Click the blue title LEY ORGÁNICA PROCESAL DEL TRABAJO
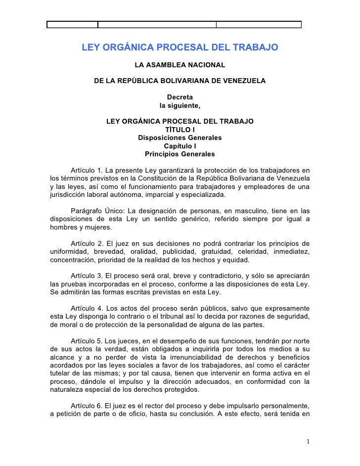point(180,48)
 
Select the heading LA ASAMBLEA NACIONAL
point(180,65)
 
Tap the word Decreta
point(180,96)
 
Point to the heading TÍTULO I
point(180,130)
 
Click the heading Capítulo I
point(180,146)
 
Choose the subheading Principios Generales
point(180,154)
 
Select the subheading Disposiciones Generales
point(180,138)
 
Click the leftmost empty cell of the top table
point(73,25)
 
